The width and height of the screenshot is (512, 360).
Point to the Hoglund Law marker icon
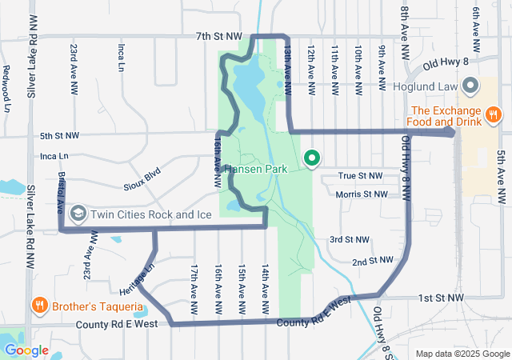(x=471, y=85)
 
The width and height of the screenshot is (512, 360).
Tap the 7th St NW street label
(x=218, y=37)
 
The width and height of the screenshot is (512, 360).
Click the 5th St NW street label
(x=60, y=136)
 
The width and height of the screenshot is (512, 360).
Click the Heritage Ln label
(x=135, y=278)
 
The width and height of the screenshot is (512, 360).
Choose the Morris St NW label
(x=362, y=194)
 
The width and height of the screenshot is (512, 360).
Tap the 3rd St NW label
(x=350, y=240)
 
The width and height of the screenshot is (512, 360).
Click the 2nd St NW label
(x=374, y=262)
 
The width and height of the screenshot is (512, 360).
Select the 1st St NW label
(x=441, y=298)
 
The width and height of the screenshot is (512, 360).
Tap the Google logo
(x=26, y=350)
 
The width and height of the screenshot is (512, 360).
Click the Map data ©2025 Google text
(x=462, y=354)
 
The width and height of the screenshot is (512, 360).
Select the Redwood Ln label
(x=6, y=88)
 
